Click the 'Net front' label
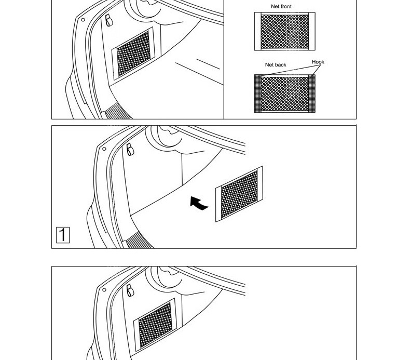[x=281, y=7]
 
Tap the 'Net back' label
[x=276, y=65]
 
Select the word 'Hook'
[x=318, y=62]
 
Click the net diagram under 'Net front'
[x=284, y=31]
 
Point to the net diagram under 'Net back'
[x=284, y=94]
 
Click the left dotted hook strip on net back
[x=257, y=94]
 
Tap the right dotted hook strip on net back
[x=311, y=93]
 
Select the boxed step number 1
[x=62, y=235]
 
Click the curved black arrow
[x=199, y=203]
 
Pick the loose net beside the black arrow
[x=239, y=194]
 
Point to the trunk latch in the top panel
[x=108, y=20]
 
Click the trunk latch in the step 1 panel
[x=129, y=150]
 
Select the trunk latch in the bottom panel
[x=130, y=290]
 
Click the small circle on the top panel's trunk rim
[x=83, y=20]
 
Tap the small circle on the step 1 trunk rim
[x=104, y=149]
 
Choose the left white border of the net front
[x=257, y=31]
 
